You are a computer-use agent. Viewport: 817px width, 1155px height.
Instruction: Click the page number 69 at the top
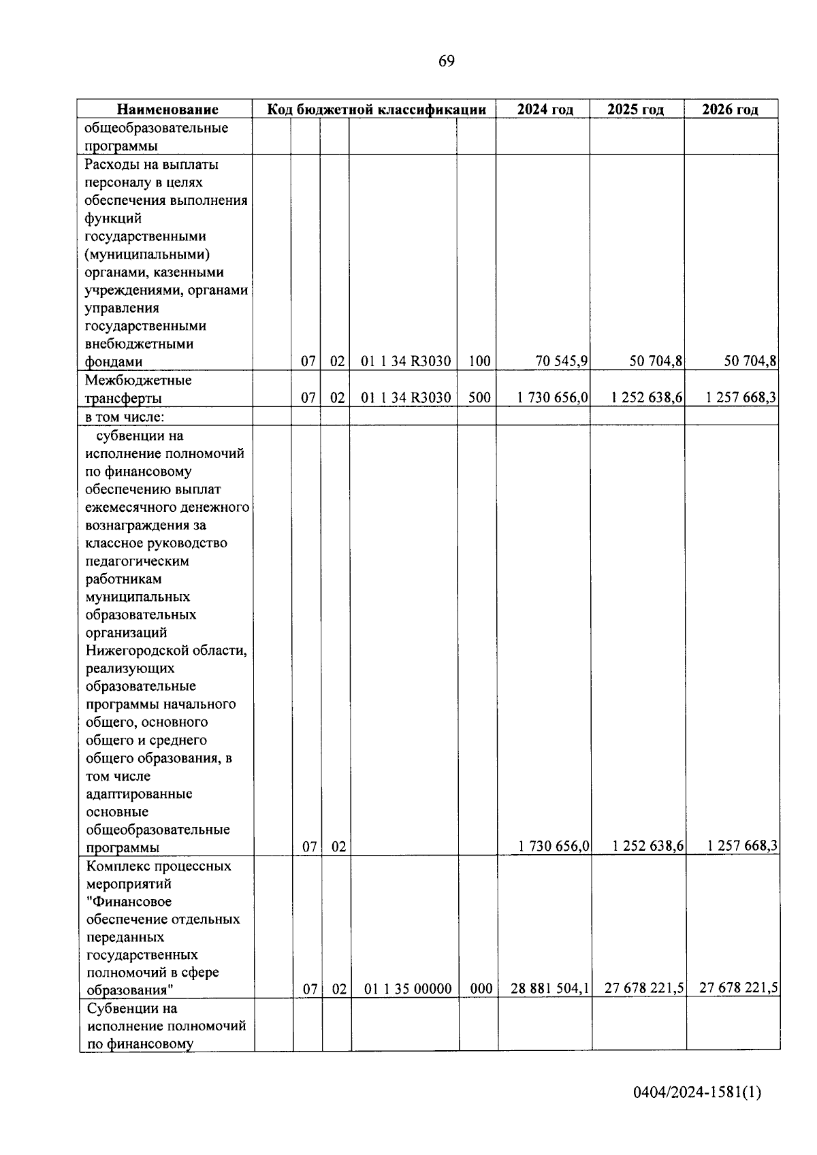point(446,61)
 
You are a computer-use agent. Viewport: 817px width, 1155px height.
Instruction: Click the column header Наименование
point(167,110)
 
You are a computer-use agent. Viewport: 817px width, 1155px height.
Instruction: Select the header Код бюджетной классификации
point(376,110)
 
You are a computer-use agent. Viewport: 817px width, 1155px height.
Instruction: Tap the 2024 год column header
point(545,110)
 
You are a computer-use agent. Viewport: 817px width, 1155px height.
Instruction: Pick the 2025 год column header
point(635,110)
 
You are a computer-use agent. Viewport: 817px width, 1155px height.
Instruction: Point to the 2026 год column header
point(730,110)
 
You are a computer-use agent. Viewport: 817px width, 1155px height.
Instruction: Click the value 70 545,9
point(562,361)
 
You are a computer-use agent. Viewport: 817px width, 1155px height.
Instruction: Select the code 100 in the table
point(479,361)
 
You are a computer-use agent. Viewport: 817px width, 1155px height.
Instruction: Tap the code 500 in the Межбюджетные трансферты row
point(479,397)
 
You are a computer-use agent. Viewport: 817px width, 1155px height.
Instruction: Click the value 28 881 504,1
point(550,989)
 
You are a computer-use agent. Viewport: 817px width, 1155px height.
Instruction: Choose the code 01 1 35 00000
point(408,989)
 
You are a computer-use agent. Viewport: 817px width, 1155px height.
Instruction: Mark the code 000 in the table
point(481,989)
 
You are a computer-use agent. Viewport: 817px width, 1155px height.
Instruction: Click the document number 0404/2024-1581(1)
point(696,1093)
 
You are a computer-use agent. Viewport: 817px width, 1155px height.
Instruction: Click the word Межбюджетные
point(138,380)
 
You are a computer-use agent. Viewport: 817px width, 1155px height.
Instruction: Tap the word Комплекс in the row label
point(117,866)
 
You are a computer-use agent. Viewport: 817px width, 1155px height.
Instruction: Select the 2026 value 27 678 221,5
point(739,988)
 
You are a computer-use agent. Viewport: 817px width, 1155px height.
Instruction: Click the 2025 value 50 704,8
point(656,361)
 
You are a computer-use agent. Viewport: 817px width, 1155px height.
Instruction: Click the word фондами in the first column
point(113,361)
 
